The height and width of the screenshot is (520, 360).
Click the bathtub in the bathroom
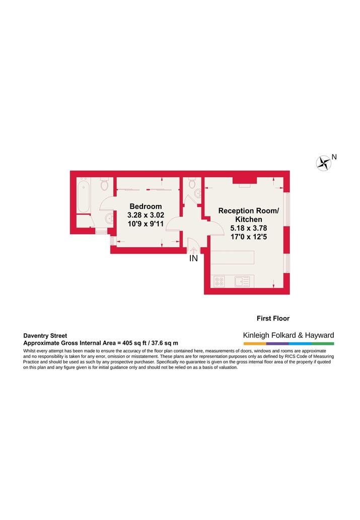[x=84, y=195]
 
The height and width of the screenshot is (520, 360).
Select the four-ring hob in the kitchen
[x=220, y=281]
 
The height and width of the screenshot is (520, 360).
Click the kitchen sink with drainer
[x=242, y=281]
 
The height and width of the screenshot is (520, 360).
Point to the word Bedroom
[x=146, y=206]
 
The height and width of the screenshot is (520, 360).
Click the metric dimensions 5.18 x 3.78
[x=249, y=228]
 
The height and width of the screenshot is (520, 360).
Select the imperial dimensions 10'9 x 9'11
[x=146, y=224]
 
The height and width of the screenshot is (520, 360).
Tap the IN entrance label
[x=193, y=258]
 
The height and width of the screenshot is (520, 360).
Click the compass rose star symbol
[x=323, y=163]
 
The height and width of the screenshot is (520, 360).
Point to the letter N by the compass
[x=334, y=157]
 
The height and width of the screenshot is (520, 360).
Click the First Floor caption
[x=273, y=318]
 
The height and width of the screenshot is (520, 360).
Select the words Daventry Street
[x=45, y=336]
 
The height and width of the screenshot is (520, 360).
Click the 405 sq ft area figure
[x=132, y=343]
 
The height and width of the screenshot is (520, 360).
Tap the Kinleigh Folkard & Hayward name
[x=289, y=335]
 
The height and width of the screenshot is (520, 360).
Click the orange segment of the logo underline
[x=254, y=344]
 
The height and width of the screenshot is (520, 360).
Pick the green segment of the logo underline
[x=323, y=344]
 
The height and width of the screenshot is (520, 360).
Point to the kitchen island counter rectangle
[x=232, y=257]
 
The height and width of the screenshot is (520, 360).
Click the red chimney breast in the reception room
[x=245, y=180]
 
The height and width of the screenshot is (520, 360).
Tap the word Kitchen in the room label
[x=249, y=219]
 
